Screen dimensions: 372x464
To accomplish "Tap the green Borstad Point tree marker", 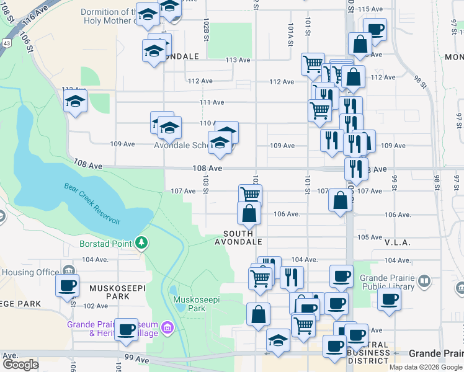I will click(x=142, y=242).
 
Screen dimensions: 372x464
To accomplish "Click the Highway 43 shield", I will click(x=6, y=43).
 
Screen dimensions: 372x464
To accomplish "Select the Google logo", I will click(x=20, y=364).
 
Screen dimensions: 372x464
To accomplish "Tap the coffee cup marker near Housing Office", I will click(x=67, y=286).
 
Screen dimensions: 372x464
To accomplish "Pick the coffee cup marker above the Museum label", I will click(x=127, y=329).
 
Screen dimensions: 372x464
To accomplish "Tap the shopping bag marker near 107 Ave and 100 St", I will click(x=340, y=200).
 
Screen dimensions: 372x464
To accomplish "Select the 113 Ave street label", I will click(x=238, y=60).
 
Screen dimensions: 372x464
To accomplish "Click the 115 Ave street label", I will click(x=372, y=9).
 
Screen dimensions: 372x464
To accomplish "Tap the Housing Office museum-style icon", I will click(x=68, y=271).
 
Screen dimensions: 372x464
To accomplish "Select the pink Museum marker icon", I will click(x=166, y=327).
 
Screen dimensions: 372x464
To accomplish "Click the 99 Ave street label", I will click(x=136, y=359).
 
